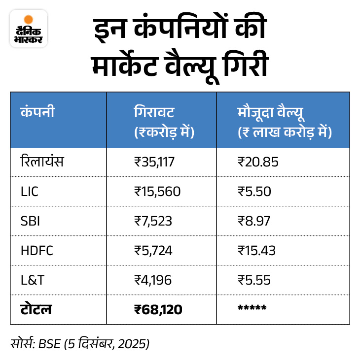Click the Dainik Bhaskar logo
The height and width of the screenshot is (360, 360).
click(x=28, y=29)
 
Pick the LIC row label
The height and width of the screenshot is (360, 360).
click(x=29, y=191)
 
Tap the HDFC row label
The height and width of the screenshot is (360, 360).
click(x=36, y=250)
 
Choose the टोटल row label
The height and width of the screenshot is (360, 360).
click(x=36, y=309)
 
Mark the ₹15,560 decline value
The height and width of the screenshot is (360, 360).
click(x=157, y=191)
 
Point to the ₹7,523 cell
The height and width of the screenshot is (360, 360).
click(x=153, y=221)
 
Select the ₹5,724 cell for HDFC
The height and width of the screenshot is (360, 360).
click(x=153, y=250)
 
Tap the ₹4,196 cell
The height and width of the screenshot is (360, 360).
click(x=153, y=280)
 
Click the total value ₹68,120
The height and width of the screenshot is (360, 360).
click(x=158, y=309)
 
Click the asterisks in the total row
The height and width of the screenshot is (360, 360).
click(x=252, y=308)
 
